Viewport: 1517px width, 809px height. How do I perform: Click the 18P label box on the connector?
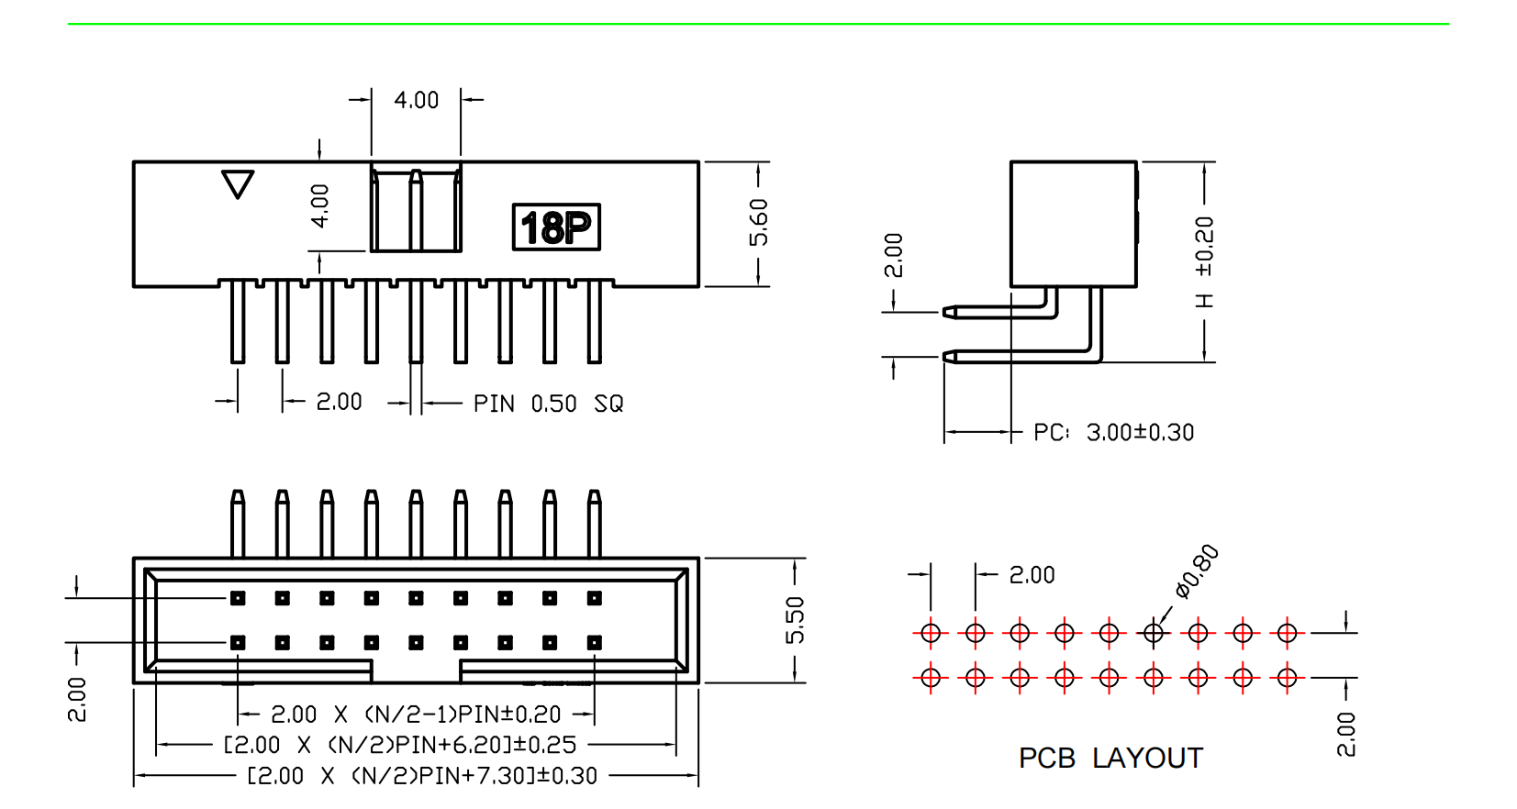[556, 227]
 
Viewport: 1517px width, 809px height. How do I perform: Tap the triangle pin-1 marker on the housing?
[238, 184]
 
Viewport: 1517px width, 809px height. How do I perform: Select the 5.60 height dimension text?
[759, 223]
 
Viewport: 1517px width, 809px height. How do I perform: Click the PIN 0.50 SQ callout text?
[548, 404]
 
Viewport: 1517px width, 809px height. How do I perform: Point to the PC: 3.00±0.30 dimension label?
[1113, 432]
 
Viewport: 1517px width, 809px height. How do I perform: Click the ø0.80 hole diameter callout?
[1198, 571]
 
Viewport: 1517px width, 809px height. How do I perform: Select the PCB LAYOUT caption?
[1110, 759]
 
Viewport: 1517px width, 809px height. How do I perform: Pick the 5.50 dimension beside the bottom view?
[795, 620]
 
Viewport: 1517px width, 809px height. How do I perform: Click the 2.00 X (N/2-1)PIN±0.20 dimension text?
[416, 715]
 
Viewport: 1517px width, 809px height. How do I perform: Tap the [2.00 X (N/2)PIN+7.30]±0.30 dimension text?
[422, 776]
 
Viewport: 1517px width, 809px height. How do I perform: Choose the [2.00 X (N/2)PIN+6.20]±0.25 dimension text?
[400, 745]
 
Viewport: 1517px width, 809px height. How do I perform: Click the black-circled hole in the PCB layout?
[1154, 633]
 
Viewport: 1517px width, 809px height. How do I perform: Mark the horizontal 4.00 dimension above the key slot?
[416, 100]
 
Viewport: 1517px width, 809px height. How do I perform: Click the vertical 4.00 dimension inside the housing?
[319, 205]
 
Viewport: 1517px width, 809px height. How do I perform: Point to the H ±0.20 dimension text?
[1204, 262]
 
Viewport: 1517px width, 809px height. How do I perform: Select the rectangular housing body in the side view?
[1073, 224]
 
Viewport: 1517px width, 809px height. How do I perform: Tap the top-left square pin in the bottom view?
[238, 598]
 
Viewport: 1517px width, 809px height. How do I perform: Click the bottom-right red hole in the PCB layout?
[1287, 678]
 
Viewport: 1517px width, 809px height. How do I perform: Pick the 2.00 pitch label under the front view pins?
[339, 402]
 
